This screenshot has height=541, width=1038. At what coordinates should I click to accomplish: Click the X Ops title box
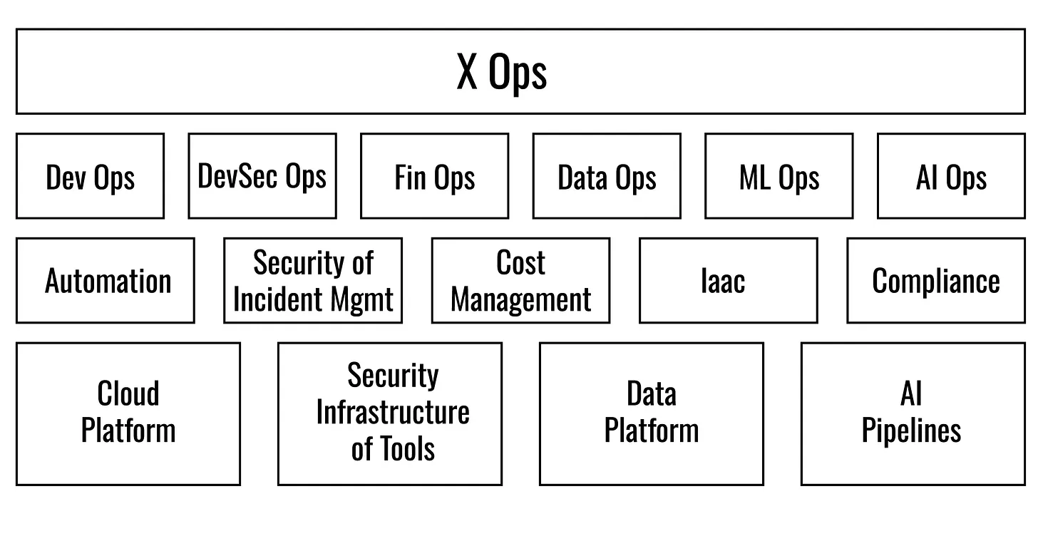tap(520, 71)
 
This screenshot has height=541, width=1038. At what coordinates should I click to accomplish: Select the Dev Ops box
tap(91, 176)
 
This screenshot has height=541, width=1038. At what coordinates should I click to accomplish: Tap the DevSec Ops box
tap(262, 176)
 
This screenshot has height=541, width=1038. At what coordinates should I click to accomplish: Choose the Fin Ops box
tap(435, 176)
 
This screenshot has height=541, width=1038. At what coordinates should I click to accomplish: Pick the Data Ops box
tap(607, 176)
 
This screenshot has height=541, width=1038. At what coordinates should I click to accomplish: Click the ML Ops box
tap(779, 176)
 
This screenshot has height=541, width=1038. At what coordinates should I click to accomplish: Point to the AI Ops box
tap(951, 176)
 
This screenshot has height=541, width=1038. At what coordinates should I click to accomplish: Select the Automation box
tap(106, 281)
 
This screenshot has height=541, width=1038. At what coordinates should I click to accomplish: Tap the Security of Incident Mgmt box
tap(313, 281)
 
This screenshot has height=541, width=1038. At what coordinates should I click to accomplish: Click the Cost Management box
tap(521, 281)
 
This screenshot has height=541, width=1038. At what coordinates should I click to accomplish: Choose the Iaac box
tap(729, 281)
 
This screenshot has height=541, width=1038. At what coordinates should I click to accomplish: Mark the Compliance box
tap(936, 281)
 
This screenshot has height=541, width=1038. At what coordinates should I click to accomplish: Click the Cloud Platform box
tap(128, 414)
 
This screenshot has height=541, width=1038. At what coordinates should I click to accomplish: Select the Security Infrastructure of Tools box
tap(390, 414)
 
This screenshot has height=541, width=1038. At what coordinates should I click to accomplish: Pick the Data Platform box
tap(652, 414)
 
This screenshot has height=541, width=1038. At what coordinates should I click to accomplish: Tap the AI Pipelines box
tap(913, 414)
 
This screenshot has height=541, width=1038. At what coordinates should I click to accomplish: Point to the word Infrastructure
tap(393, 412)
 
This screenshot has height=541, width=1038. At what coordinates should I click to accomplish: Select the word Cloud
tap(128, 393)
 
